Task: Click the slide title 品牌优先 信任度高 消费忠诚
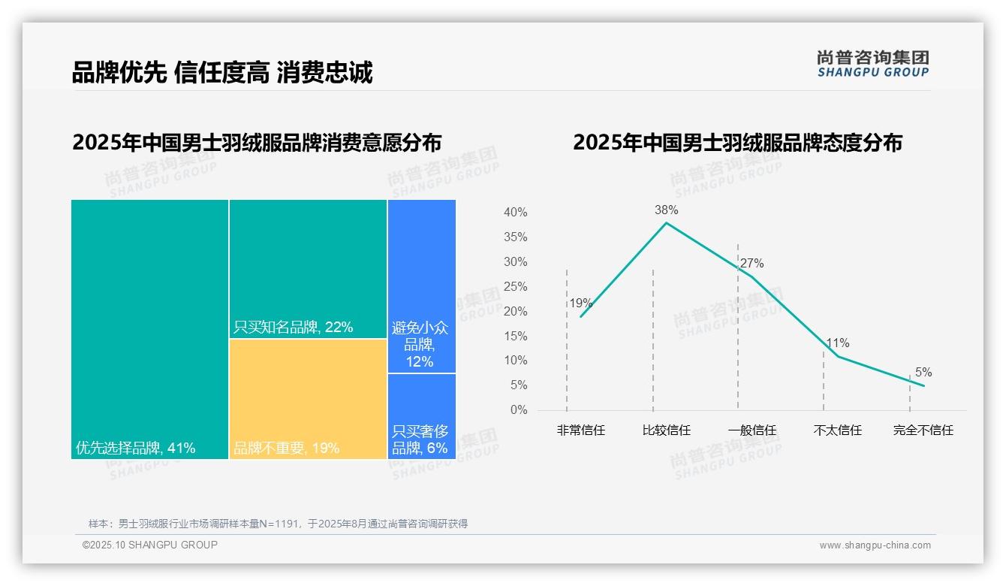click(222, 73)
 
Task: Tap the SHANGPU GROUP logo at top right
click(872, 64)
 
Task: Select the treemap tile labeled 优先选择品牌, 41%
click(149, 329)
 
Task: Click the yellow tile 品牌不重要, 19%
click(308, 399)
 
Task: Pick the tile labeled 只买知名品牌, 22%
click(308, 269)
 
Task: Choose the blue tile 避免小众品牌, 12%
click(421, 286)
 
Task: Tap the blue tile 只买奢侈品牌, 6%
click(421, 416)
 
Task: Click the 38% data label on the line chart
click(666, 210)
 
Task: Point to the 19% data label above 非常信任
click(580, 304)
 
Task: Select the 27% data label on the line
click(751, 264)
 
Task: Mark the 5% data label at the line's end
click(923, 373)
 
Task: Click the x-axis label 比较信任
click(666, 430)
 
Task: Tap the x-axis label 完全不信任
click(923, 430)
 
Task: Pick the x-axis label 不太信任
click(837, 430)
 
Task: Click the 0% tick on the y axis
click(519, 410)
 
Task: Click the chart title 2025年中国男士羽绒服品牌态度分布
click(737, 143)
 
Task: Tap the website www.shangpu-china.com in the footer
click(875, 545)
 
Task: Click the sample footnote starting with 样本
click(278, 524)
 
